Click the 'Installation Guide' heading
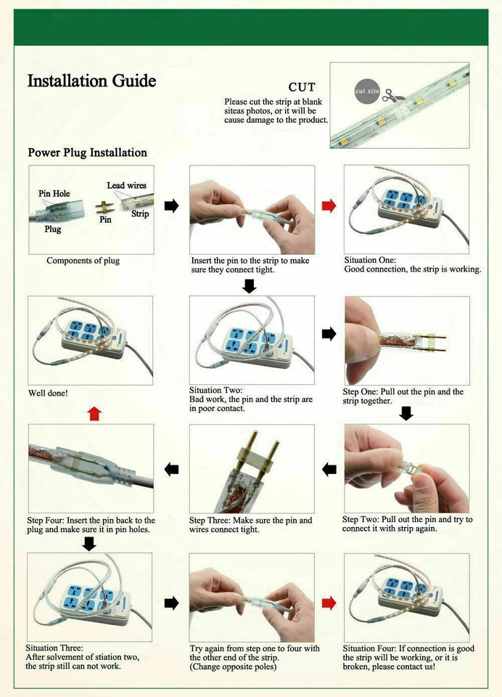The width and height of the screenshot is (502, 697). pos(91,81)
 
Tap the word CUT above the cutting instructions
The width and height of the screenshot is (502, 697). pos(302,88)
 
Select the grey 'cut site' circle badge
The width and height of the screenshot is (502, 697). pos(367,91)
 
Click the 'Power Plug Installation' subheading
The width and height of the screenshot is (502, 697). pos(87,152)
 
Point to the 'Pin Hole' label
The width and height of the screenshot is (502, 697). pos(54,194)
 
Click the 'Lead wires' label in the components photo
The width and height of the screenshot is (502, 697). pos(126,186)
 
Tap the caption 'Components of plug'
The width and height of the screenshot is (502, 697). pos(83,261)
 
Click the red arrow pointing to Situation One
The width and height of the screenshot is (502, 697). pos(329,206)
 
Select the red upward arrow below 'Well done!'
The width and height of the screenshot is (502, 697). pos(94,413)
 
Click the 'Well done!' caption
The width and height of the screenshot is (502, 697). pos(48,393)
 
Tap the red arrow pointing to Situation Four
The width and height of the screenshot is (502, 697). pos(329,603)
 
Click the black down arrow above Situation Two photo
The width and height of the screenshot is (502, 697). pos(250,286)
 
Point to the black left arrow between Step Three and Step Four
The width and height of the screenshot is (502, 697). pos(171,469)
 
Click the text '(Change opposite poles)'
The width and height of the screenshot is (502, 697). pos(233,667)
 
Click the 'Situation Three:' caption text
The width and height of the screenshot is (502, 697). pos(55,648)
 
